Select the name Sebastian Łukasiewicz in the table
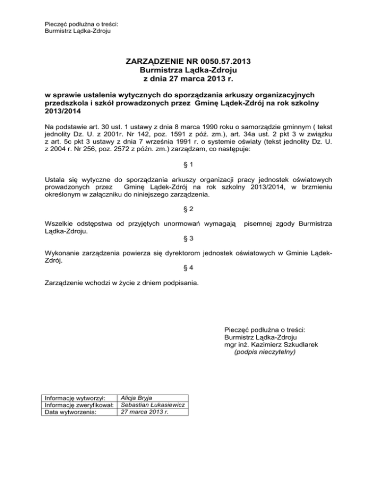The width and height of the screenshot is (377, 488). click(153, 405)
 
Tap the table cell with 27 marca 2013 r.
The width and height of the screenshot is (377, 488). click(144, 412)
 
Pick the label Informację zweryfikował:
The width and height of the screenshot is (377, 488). click(79, 405)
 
